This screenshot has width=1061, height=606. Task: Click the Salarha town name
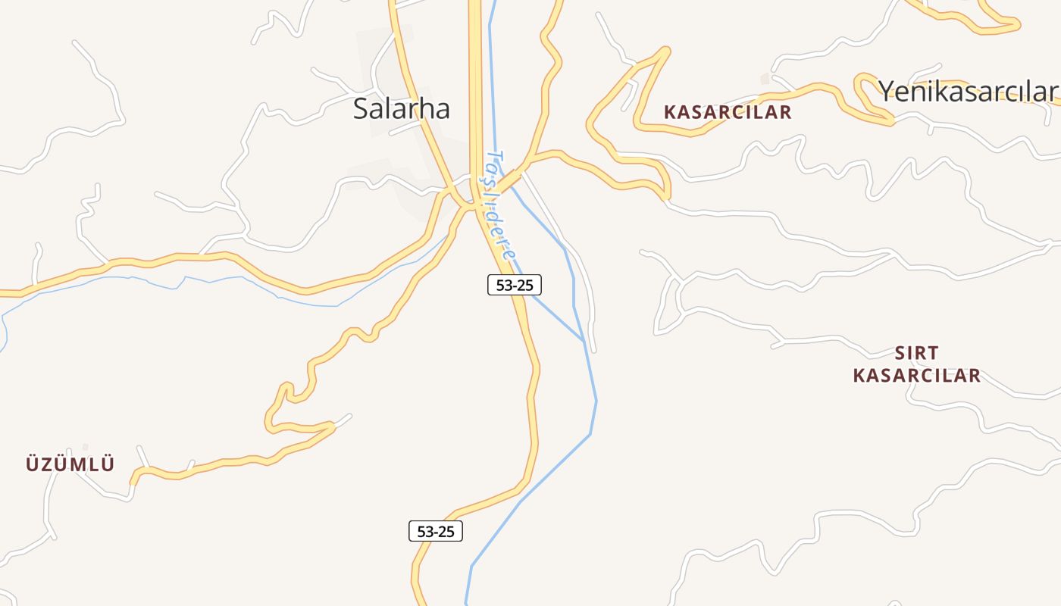pos(401,109)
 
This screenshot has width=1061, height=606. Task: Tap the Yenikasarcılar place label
pos(968,92)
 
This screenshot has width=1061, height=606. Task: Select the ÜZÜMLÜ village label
pos(70,464)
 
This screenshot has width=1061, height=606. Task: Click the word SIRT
pos(916,353)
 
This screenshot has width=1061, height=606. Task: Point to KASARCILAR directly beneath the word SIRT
pos(916,376)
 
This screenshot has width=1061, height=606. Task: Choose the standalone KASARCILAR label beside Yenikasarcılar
pos(727,113)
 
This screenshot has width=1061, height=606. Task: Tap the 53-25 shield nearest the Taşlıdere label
pos(514,285)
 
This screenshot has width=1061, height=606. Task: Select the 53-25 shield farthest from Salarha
pos(436,531)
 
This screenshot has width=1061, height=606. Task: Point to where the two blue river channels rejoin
pos(584,342)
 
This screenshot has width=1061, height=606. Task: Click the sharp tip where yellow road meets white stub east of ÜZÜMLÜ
pos(333,426)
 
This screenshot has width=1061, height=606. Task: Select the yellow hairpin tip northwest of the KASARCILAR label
pos(666,51)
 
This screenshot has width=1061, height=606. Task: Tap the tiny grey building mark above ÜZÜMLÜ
pos(85,447)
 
